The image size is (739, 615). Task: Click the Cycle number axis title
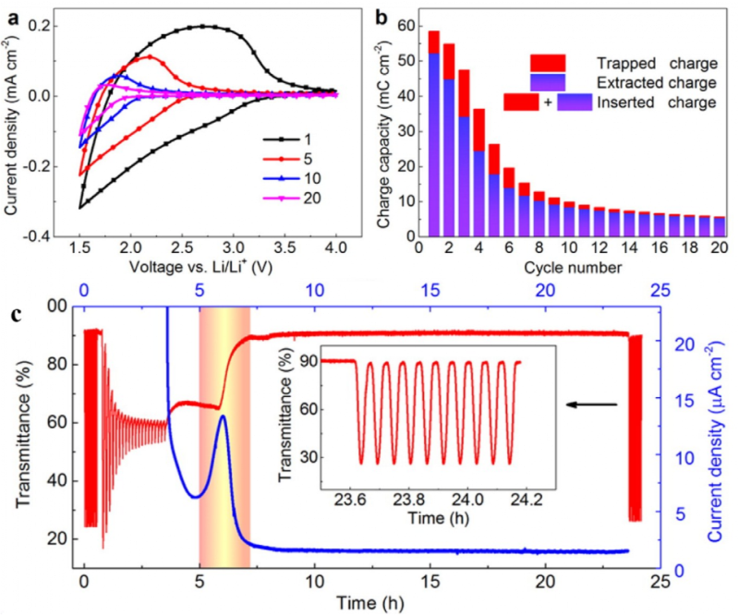click(567, 268)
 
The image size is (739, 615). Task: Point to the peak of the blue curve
click(223, 416)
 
